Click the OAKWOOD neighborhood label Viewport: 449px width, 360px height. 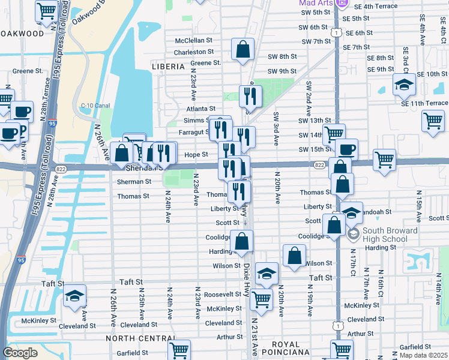[22, 34]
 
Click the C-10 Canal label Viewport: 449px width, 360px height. [95, 106]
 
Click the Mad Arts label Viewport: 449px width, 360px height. [316, 3]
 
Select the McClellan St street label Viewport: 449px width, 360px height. [194, 41]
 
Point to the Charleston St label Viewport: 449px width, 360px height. [194, 52]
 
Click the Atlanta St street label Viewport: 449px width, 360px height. [200, 109]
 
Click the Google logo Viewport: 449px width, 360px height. [20, 353]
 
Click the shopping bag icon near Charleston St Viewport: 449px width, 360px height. [243, 50]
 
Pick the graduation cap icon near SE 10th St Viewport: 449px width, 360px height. [405, 85]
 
